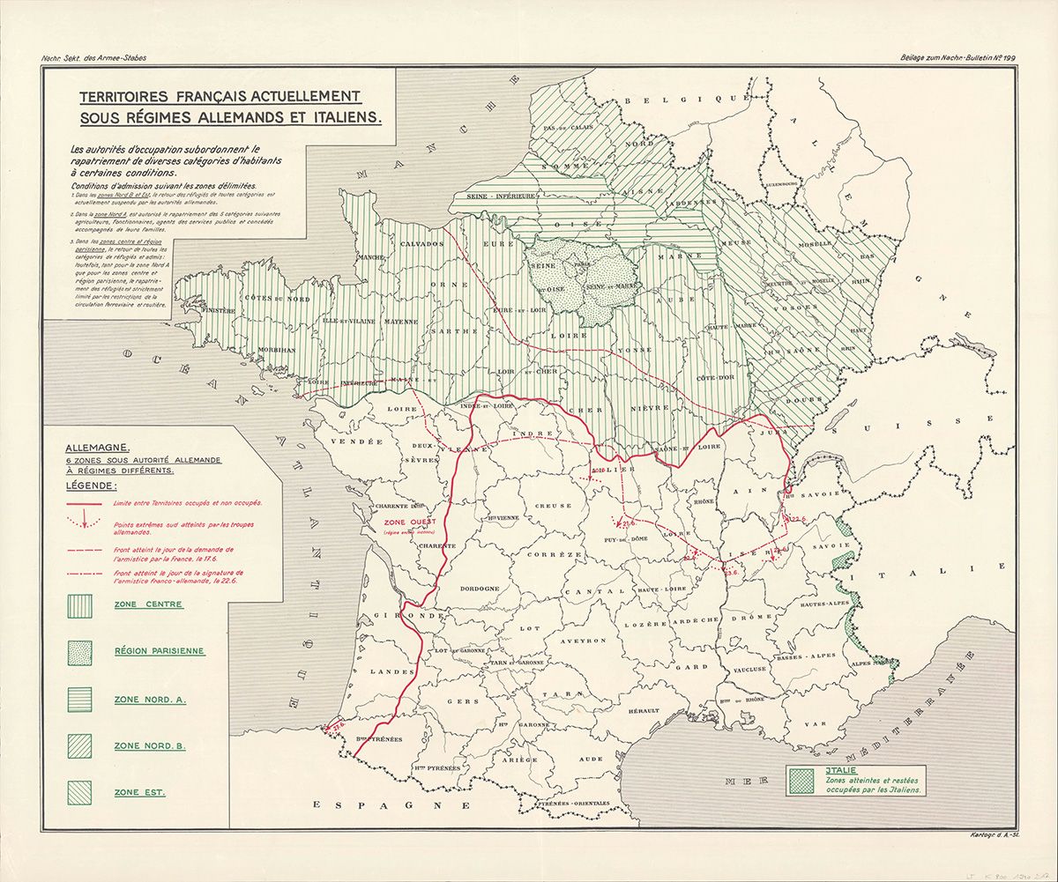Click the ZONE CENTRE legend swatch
click(x=81, y=605)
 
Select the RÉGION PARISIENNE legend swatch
click(x=81, y=652)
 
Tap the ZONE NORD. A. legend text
click(x=149, y=700)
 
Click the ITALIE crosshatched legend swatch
click(x=801, y=781)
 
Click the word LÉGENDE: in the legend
click(x=96, y=485)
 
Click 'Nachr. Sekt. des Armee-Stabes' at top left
click(x=93, y=58)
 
